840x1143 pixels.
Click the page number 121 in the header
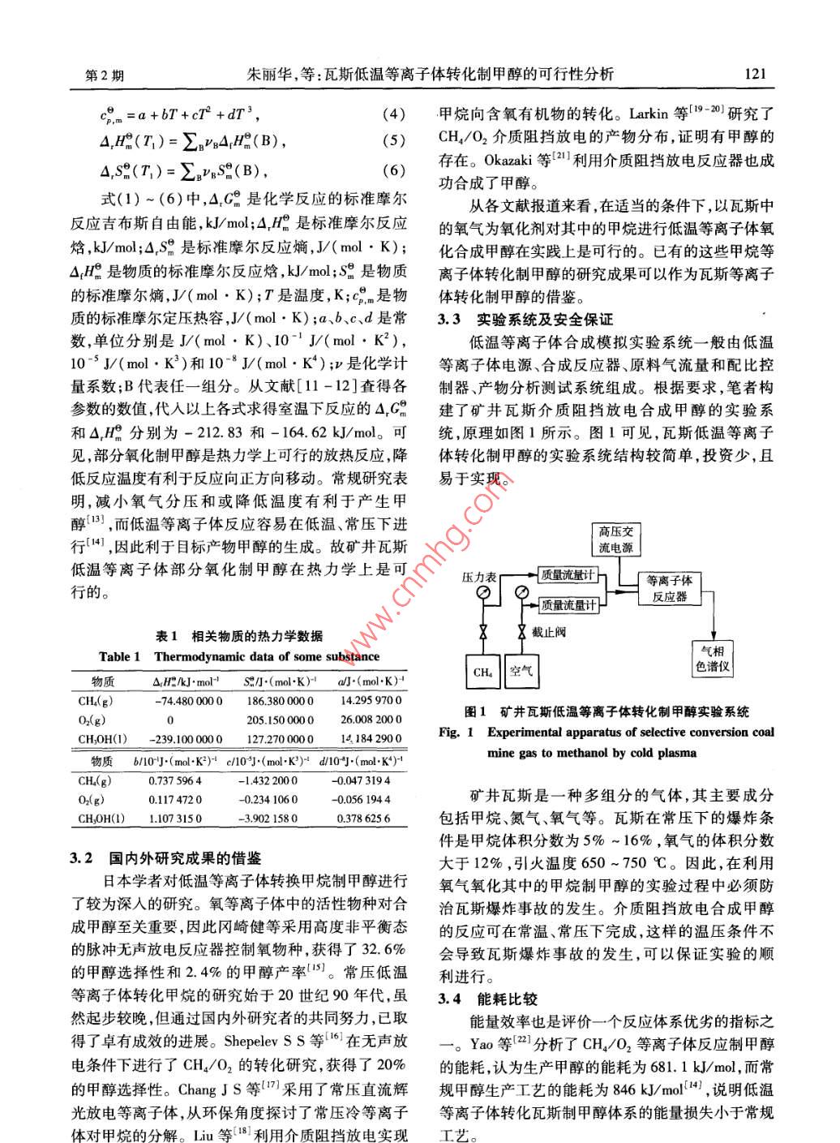pos(754,75)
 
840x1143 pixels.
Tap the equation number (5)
pos(392,141)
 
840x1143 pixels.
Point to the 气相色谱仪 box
pos(714,659)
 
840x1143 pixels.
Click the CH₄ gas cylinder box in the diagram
pos(482,671)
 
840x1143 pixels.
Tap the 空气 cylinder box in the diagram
pos(521,671)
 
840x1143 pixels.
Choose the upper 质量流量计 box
pos(568,575)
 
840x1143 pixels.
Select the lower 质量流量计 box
pos(568,604)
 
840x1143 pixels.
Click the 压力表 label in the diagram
pos(478,577)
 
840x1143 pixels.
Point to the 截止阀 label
pos(550,632)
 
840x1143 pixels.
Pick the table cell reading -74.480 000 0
pos(187,701)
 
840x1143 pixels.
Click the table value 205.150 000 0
pos(280,720)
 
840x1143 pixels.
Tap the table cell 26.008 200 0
pos(371,720)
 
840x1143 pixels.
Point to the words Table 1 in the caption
pos(119,656)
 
